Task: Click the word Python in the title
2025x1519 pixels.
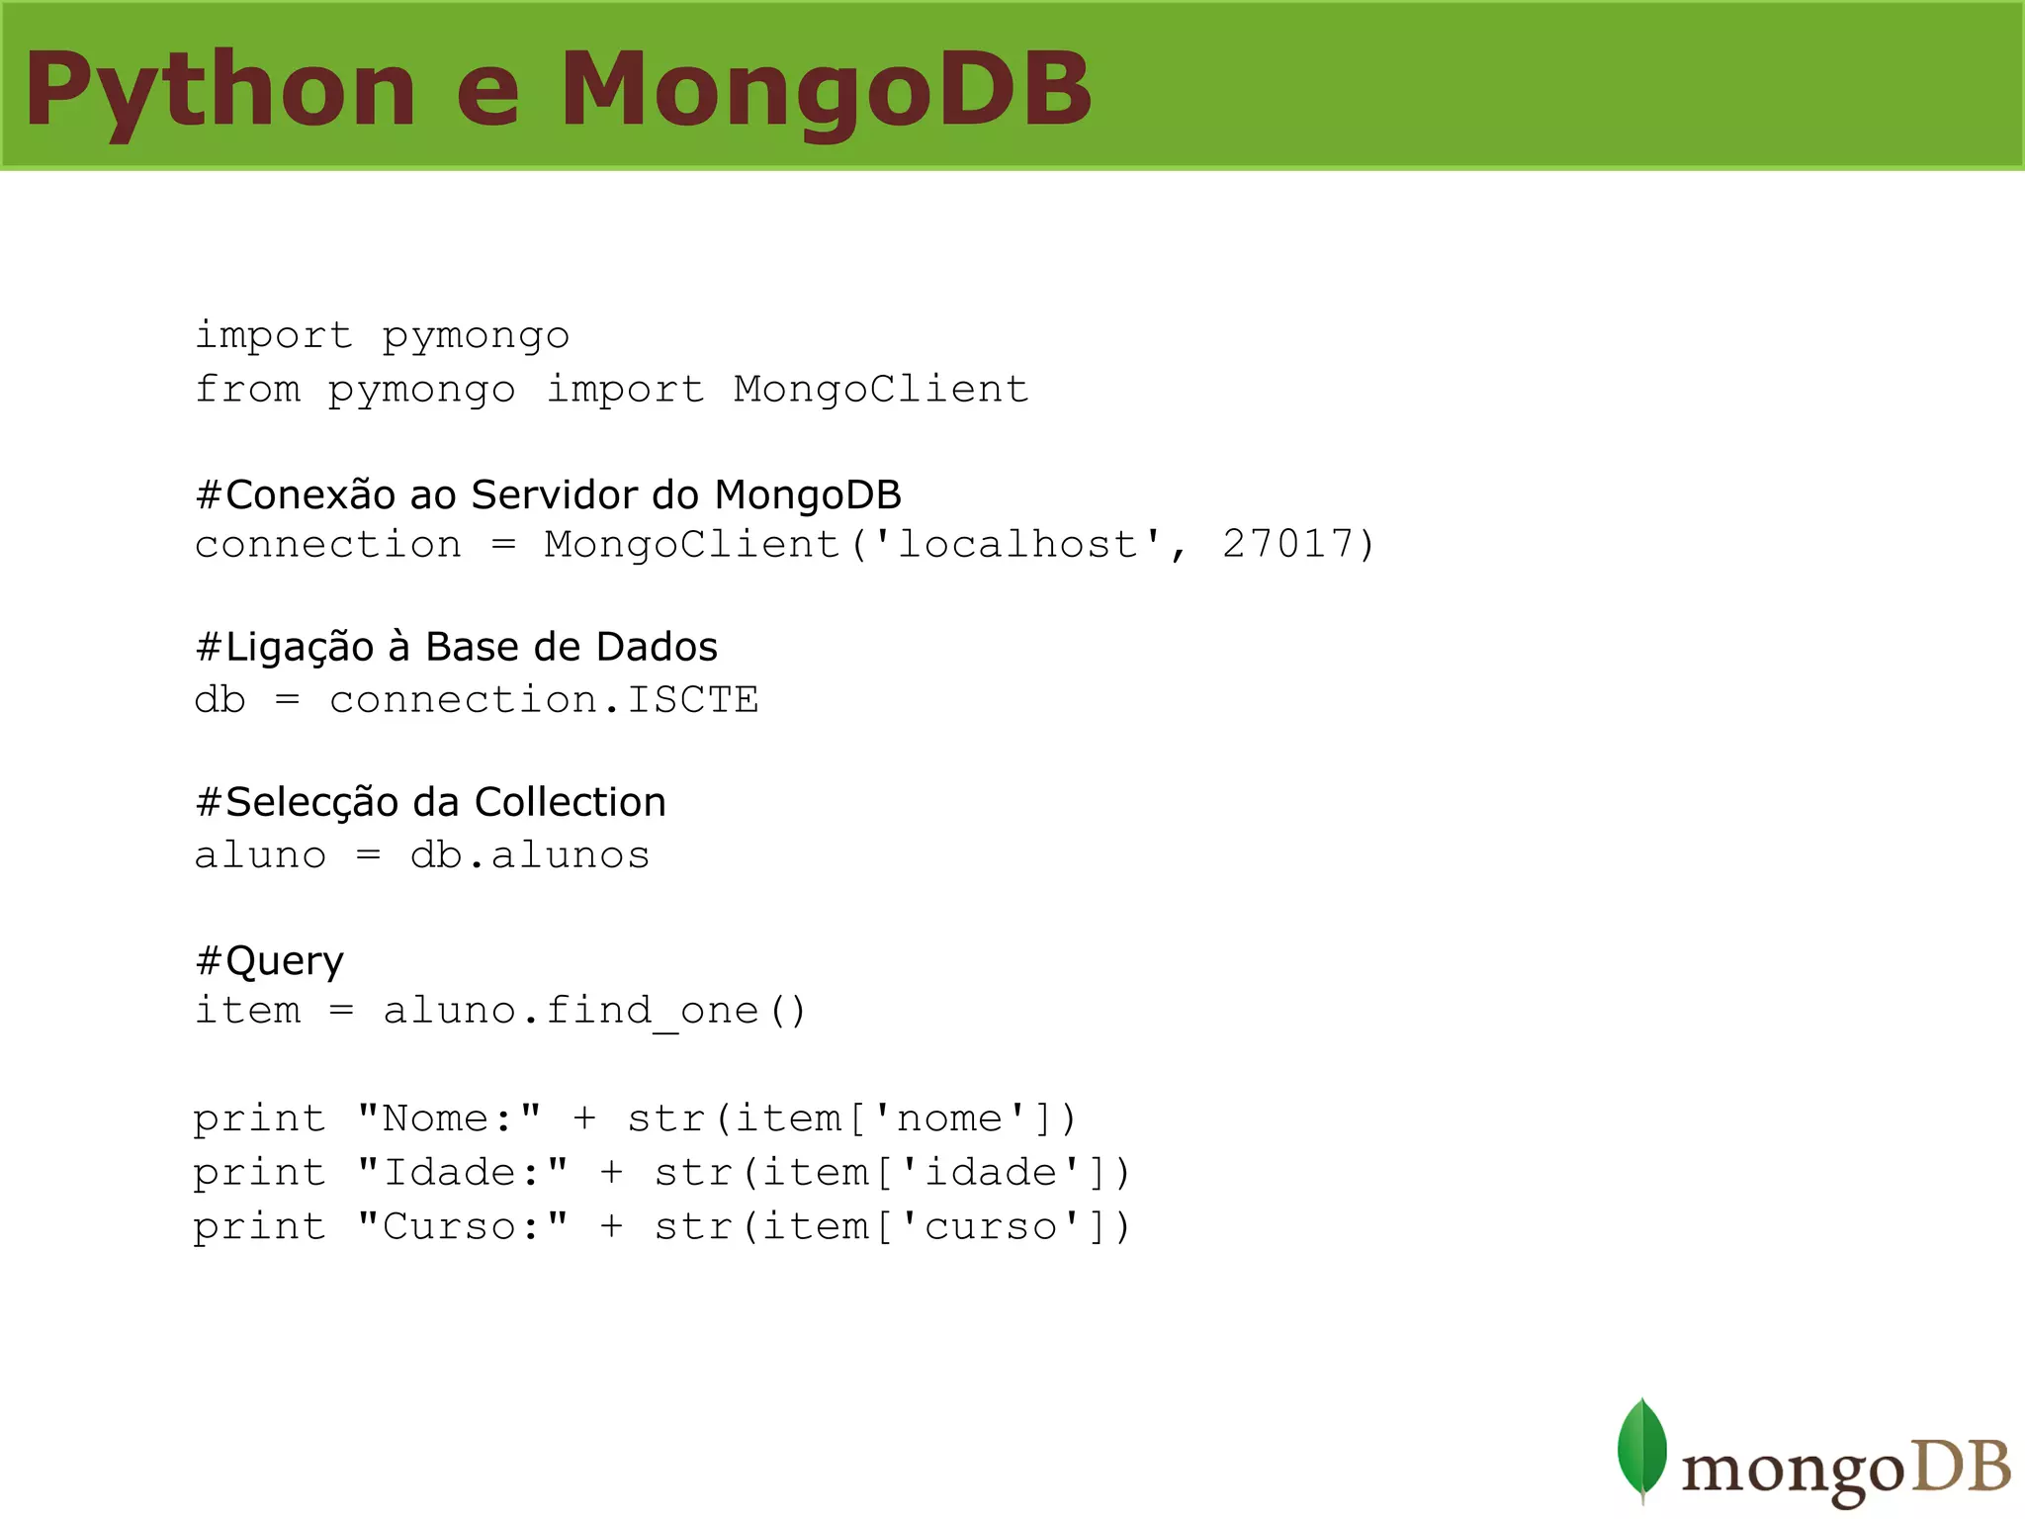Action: click(220, 91)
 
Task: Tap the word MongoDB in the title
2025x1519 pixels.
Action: click(827, 91)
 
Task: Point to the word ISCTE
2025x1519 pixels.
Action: click(693, 700)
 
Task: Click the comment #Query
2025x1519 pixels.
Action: click(270, 960)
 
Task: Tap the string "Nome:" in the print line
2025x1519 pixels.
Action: click(449, 1118)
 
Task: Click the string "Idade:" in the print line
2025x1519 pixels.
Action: click(463, 1173)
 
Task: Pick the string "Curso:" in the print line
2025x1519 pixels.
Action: click(463, 1227)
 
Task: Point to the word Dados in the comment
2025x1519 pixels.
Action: click(657, 647)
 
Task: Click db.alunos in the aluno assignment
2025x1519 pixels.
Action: click(530, 855)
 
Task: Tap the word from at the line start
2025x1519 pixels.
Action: click(247, 389)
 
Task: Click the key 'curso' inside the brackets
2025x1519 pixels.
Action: click(991, 1227)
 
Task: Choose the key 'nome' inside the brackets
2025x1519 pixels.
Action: click(949, 1118)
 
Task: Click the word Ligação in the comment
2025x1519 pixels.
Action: click(299, 647)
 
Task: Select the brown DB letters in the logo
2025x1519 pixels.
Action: click(1962, 1467)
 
